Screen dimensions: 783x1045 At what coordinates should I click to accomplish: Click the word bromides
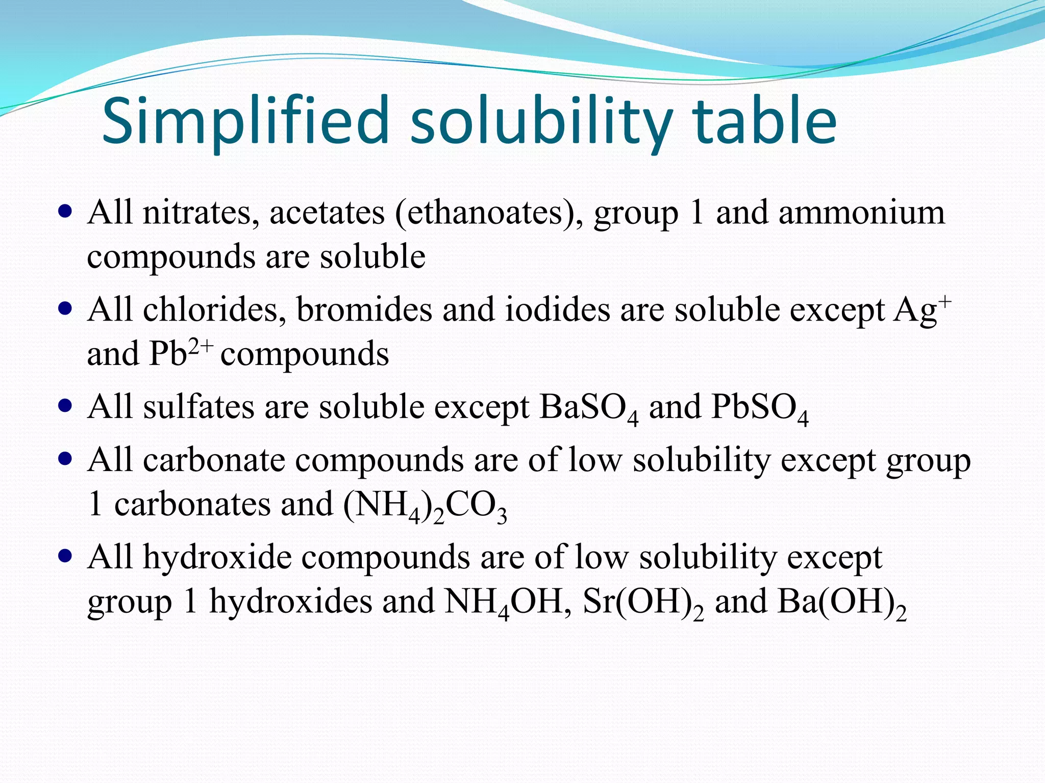(x=364, y=309)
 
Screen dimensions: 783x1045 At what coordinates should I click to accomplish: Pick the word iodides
(x=557, y=309)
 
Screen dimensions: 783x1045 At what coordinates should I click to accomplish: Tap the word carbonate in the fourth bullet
(x=213, y=460)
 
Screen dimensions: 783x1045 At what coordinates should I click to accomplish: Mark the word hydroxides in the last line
(x=291, y=602)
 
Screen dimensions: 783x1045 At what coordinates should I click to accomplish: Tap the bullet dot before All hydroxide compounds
(x=65, y=556)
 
